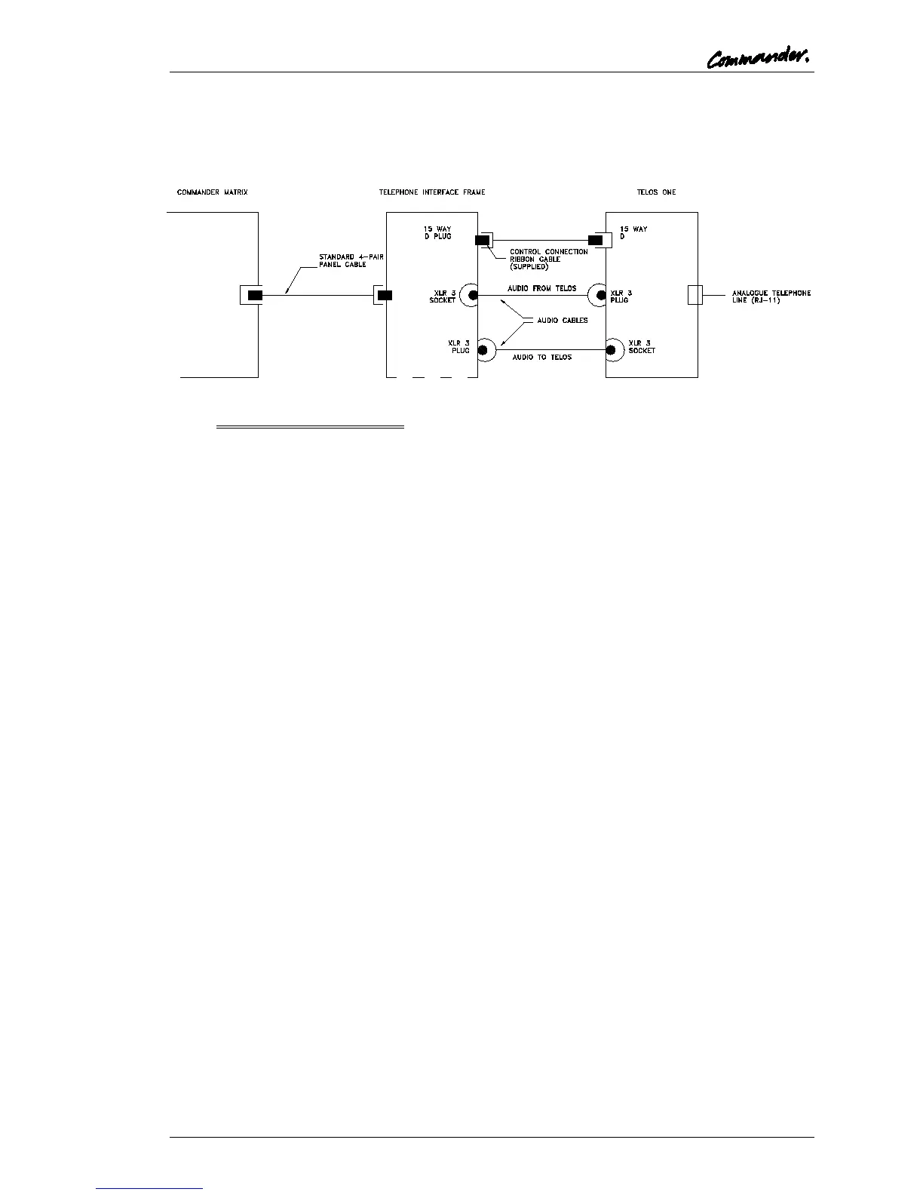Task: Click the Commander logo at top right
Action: pos(759,58)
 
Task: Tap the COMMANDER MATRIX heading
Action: pos(212,192)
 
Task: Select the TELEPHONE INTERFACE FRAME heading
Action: pos(432,192)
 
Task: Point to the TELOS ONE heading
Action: pos(656,192)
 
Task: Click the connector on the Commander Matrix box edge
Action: pos(254,295)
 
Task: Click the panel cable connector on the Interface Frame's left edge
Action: pos(385,295)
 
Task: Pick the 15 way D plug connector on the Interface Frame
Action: pos(482,240)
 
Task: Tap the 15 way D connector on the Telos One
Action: pos(596,240)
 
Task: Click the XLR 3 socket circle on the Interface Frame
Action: pos(473,295)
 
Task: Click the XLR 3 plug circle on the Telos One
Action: pos(601,295)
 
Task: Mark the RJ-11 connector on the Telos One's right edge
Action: pos(695,295)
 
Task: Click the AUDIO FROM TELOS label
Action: pos(541,288)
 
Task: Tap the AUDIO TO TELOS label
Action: pos(541,357)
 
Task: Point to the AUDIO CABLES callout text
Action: pos(562,321)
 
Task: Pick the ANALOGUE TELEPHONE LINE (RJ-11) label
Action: pos(771,296)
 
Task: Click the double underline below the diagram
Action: pos(310,427)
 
